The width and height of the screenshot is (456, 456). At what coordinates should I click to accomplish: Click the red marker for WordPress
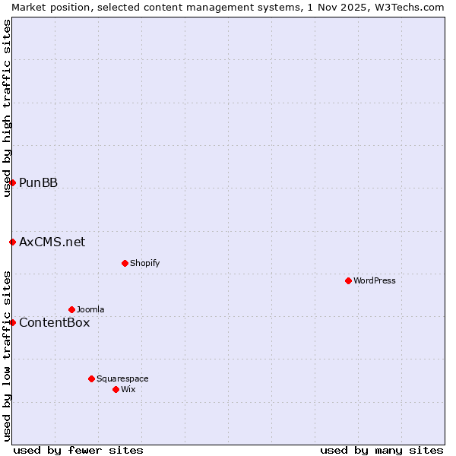coord(348,280)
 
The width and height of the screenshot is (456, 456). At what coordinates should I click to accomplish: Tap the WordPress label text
coord(375,281)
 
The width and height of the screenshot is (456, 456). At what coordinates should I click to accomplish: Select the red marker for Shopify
coord(125,263)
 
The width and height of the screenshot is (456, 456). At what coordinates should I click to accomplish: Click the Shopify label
coord(144,264)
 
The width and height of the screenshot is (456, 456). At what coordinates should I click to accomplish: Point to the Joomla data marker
coord(71,309)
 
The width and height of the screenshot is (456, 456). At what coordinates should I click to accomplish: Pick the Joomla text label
coord(90,310)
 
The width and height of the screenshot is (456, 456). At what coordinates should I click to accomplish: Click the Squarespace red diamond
coord(91,378)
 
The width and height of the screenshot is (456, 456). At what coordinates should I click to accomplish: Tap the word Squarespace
coord(122,379)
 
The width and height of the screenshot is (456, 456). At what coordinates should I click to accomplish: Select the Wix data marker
coord(116,389)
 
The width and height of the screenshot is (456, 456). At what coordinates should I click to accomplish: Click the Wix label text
coord(128,390)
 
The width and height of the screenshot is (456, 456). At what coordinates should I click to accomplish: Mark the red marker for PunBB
coord(12,182)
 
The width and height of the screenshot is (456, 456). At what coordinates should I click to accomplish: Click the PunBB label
coord(38,183)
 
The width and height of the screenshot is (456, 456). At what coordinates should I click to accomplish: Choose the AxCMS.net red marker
coord(12,242)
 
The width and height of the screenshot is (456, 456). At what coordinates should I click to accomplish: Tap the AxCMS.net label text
coord(52,242)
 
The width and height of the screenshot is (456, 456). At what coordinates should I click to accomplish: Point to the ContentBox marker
coord(12,322)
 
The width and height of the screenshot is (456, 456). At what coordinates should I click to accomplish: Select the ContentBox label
coord(54,323)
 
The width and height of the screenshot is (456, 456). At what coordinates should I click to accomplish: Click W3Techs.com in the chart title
coord(409,7)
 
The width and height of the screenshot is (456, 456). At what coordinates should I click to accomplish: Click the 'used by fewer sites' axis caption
coord(78,450)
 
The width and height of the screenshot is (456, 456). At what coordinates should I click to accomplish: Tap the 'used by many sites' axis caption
coord(382,450)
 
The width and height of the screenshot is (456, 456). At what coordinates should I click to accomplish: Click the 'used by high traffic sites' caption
coord(7,108)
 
